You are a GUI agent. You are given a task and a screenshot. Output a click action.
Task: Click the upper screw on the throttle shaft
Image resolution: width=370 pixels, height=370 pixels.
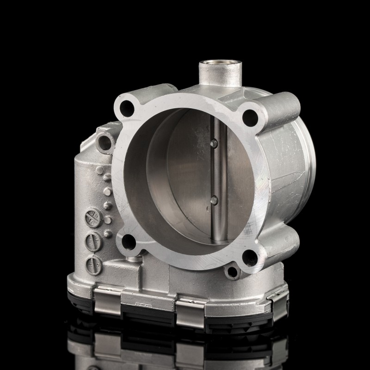point(213,144)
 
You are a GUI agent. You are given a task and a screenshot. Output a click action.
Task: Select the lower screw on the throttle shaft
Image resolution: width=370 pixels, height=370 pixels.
point(214,200)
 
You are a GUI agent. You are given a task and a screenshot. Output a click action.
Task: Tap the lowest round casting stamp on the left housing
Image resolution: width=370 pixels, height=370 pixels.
point(91,264)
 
